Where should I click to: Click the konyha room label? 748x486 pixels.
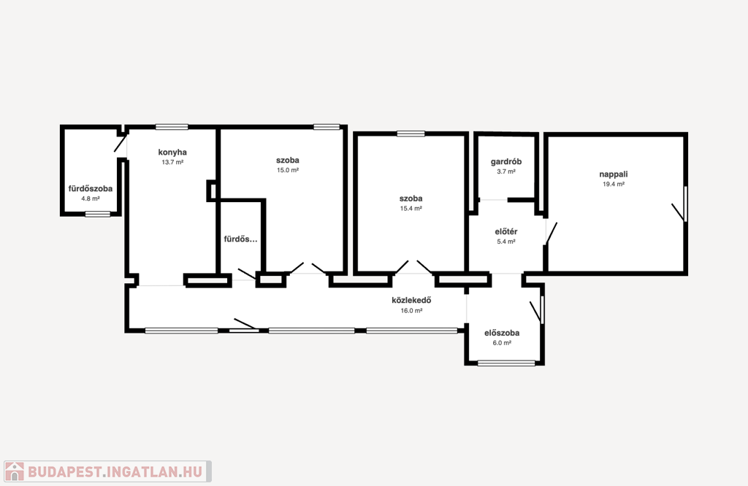172,153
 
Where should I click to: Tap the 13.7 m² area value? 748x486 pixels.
172,163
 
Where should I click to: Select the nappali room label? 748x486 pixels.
614,174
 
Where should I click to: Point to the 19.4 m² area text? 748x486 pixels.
614,185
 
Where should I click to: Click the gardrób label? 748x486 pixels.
506,161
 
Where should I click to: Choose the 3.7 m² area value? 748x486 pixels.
506,171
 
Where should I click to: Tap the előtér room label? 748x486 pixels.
506,231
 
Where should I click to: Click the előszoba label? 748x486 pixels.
502,333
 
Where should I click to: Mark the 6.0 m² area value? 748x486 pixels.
502,343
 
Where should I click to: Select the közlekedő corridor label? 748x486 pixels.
411,300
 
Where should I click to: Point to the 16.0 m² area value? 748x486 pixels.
411,311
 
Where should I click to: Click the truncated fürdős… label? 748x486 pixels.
240,239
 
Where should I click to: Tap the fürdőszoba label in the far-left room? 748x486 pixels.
90,189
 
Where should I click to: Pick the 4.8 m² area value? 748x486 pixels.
90,198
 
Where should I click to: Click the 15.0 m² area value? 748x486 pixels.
288,170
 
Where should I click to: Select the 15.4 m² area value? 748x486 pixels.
411,209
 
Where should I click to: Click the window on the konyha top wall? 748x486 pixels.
172,127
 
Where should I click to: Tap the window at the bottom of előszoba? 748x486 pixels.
506,363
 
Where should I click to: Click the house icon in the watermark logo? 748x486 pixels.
15,471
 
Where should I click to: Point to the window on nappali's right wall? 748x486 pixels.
685,204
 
